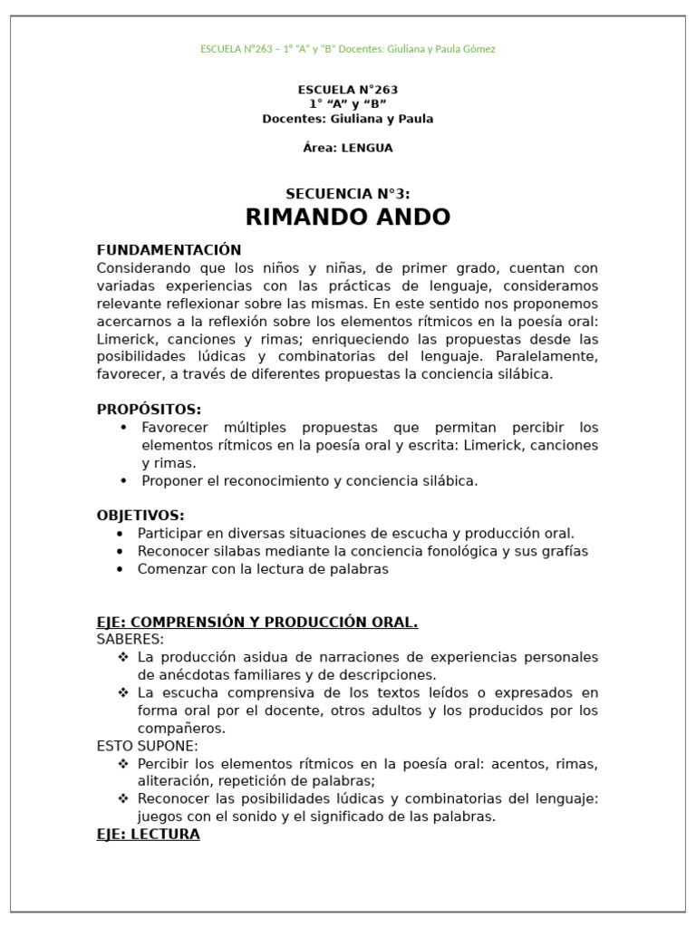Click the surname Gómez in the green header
click(477, 49)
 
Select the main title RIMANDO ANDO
click(348, 217)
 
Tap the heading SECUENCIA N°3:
click(348, 193)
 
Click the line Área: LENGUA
click(348, 148)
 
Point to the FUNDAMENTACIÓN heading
click(169, 250)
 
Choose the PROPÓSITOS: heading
click(150, 409)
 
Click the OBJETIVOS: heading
click(140, 515)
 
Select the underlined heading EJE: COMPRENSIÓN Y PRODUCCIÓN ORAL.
click(257, 622)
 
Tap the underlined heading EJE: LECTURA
click(149, 835)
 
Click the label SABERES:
click(130, 639)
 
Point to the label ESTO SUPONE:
click(147, 746)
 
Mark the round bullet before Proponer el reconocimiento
click(123, 480)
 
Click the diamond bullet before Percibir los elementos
click(123, 764)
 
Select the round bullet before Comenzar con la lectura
click(120, 569)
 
